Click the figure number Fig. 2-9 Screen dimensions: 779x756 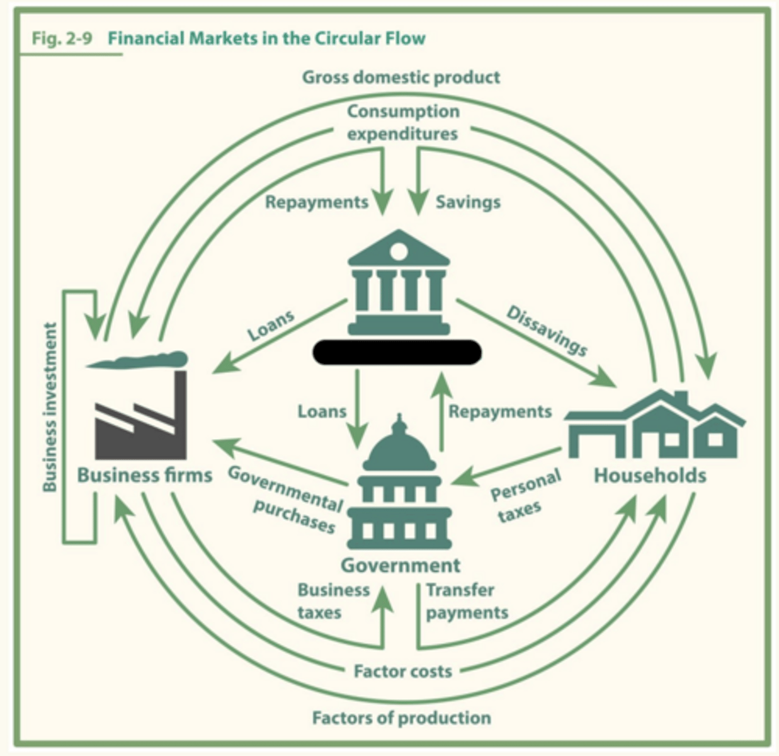click(62, 38)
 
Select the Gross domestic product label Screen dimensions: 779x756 click(401, 77)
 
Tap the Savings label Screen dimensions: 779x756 click(468, 202)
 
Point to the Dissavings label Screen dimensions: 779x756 click(547, 331)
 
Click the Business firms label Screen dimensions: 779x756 click(144, 475)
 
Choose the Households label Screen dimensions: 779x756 click(650, 475)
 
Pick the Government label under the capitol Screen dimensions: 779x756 click(401, 565)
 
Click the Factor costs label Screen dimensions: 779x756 click(403, 671)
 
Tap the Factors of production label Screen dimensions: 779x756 click(402, 718)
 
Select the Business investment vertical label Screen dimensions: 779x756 click(50, 407)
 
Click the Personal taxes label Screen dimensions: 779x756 click(525, 496)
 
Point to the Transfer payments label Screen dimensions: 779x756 click(467, 602)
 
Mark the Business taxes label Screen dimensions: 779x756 click(334, 602)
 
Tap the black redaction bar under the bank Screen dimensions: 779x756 click(397, 352)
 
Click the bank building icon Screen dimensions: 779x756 click(399, 282)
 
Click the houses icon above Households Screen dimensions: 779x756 click(655, 425)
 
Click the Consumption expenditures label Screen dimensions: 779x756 click(402, 122)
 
